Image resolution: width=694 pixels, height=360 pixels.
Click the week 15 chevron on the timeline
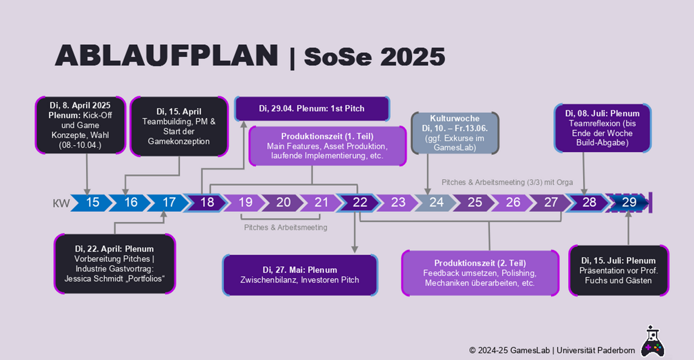pos(92,203)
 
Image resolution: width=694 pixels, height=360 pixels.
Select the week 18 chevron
pos(206,203)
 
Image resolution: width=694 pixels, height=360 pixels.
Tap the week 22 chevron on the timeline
pos(359,203)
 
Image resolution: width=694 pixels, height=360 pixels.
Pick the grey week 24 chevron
pos(435,203)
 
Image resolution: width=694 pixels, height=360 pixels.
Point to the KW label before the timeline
pos(61,203)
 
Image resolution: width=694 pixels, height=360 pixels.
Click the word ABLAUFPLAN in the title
pos(167,56)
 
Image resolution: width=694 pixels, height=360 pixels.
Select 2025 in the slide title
pos(413,57)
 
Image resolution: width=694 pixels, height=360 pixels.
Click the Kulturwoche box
pos(455,133)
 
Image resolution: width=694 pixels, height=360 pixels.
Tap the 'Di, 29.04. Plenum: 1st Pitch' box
pos(312,109)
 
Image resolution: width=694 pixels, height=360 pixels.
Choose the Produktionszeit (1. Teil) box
pos(328,146)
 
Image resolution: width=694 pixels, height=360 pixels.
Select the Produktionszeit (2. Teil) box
pos(480,273)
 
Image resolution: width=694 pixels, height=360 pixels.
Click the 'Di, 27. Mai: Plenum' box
pos(300,275)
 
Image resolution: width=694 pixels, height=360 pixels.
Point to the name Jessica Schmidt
pos(94,279)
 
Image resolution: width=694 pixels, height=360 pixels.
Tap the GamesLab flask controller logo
pos(653,341)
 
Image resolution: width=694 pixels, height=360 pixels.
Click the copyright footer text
pos(552,350)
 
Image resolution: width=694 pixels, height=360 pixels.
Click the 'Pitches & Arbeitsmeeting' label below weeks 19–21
pos(285,227)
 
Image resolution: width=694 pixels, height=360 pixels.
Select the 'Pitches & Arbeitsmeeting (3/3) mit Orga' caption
pos(507,182)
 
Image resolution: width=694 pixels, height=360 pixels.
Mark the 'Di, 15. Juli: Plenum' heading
pos(618,261)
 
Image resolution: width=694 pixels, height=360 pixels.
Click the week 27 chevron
pos(550,203)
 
